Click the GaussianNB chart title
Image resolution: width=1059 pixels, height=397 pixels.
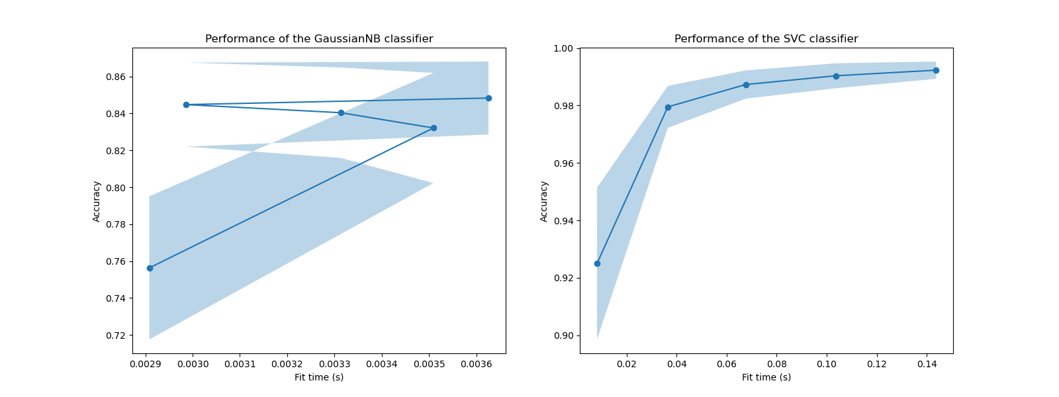point(319,39)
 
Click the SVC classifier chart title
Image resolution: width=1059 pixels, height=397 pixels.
point(766,39)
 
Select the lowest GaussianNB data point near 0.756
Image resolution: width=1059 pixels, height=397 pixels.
point(150,268)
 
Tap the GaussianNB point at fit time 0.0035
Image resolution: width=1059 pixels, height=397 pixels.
point(434,128)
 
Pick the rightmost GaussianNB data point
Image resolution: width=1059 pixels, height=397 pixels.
point(488,98)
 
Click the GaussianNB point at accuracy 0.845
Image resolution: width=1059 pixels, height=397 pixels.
point(186,105)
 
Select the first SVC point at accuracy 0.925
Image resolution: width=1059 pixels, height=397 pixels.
point(597,263)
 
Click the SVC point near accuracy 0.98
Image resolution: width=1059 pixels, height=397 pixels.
point(668,107)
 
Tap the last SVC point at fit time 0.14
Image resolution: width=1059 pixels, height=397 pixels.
point(936,70)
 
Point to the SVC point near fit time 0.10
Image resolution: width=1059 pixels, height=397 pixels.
point(836,76)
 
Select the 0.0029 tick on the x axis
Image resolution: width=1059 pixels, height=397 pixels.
point(145,363)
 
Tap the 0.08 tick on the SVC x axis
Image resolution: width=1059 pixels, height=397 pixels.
point(776,363)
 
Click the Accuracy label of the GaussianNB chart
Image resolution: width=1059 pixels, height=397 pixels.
point(97,201)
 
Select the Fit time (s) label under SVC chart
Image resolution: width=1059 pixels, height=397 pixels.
point(766,377)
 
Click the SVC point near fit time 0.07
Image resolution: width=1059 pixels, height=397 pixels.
point(746,85)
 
